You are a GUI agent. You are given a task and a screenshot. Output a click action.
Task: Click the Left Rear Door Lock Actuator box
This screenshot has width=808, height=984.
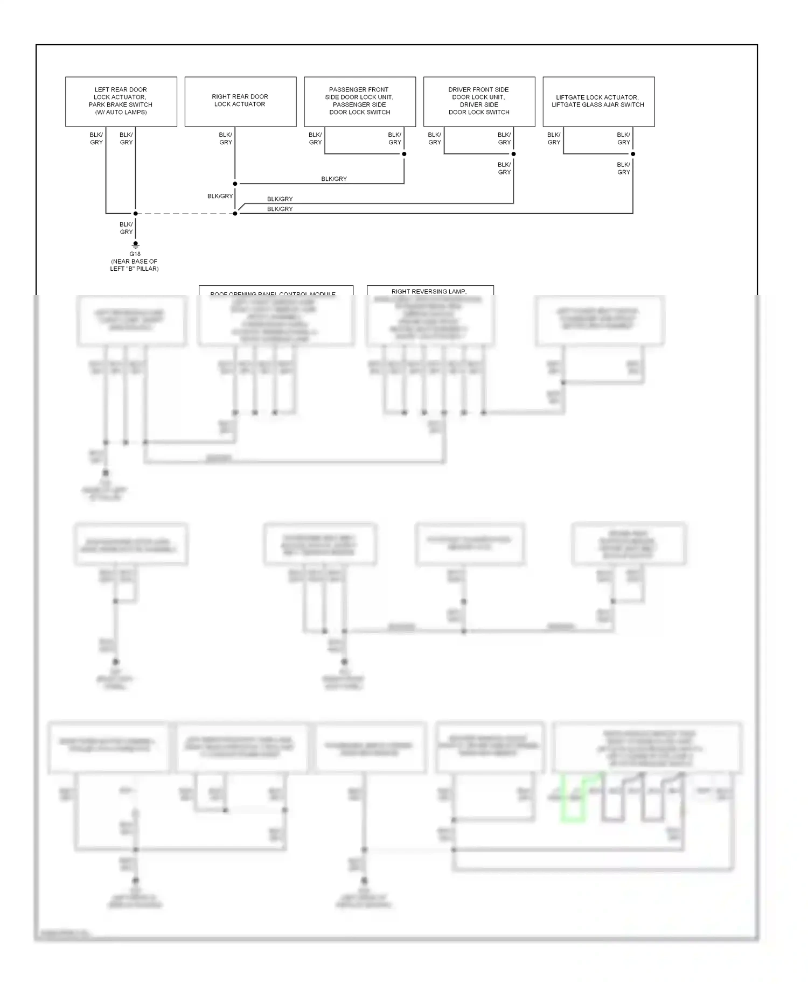click(121, 101)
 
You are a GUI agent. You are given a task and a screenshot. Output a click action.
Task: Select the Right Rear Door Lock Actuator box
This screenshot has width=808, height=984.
click(240, 101)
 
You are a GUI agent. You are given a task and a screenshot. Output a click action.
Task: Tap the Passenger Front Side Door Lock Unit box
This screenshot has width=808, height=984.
click(360, 101)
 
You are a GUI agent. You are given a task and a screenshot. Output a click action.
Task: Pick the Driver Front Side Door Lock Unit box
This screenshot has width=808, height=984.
click(479, 101)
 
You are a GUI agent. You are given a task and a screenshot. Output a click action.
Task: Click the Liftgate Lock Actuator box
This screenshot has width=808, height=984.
click(598, 101)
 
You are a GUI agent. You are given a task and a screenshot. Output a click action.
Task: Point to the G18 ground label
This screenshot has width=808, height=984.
click(135, 254)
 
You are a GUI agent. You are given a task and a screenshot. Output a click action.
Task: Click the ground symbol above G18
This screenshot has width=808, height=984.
click(135, 245)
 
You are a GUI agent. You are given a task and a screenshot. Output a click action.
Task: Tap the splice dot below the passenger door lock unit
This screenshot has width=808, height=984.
click(404, 154)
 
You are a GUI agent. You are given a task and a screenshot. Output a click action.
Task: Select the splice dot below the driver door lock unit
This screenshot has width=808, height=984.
click(513, 154)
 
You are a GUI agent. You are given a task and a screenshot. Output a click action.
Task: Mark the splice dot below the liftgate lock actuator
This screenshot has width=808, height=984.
click(633, 154)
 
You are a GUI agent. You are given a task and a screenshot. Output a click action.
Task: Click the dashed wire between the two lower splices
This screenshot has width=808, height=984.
click(185, 214)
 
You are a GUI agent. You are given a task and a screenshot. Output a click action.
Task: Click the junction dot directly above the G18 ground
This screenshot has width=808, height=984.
click(135, 214)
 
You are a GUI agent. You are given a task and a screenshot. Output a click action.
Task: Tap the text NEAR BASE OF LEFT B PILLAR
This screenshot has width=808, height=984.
click(135, 265)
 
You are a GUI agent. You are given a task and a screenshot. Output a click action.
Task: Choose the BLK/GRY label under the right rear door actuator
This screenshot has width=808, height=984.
click(226, 139)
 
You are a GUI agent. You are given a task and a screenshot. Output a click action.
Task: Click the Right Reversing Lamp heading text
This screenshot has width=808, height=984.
click(429, 291)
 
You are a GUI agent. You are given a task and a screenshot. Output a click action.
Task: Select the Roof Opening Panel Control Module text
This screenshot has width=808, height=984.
click(273, 294)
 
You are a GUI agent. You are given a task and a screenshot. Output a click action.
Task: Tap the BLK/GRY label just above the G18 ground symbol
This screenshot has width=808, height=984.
click(126, 228)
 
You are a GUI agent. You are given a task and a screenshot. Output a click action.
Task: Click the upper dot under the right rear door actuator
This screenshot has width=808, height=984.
click(235, 184)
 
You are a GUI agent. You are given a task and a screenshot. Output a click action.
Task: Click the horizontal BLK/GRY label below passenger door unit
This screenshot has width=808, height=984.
click(334, 179)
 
